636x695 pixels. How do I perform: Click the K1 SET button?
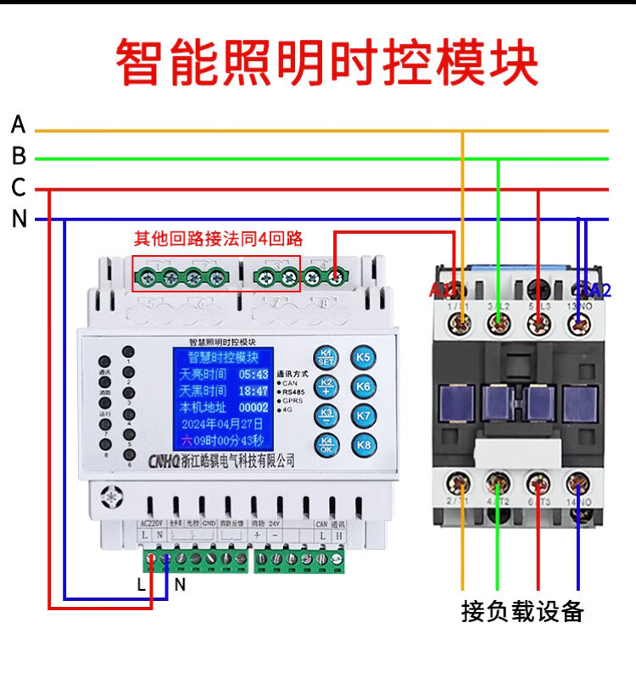coord(326,357)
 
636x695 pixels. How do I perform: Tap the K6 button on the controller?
coord(364,386)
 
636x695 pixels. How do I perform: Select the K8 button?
coord(364,444)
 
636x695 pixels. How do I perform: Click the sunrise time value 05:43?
coord(253,373)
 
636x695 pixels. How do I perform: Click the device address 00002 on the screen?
coord(252,407)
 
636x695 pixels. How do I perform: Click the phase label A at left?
coord(19,125)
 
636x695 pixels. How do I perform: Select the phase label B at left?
coord(19,157)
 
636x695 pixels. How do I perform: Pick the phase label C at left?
coord(19,187)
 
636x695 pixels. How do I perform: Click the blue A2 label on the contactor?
coord(597,290)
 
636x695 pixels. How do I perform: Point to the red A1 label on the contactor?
coord(443,291)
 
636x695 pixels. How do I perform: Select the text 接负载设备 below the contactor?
coord(522,610)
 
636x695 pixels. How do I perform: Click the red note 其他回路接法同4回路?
coord(219,238)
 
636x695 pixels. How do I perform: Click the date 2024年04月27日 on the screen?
coord(221,423)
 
